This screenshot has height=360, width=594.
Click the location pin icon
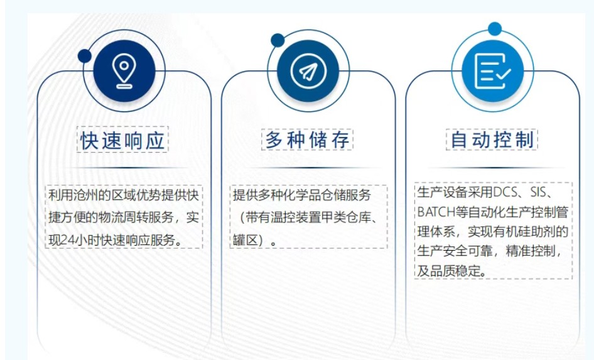[x=124, y=71]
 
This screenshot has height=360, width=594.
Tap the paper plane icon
[x=308, y=71]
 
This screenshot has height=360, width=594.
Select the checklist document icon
[x=492, y=71]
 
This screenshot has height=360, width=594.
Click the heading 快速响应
[x=122, y=141]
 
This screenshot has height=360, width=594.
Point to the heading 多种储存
[x=307, y=140]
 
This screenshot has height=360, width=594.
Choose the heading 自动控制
[x=492, y=140]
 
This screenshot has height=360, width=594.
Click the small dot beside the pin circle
[x=85, y=56]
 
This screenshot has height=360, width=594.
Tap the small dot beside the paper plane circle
[x=278, y=41]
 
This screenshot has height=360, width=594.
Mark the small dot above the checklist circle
[x=495, y=29]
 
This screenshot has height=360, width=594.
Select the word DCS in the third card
[x=505, y=192]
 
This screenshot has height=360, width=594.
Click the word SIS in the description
[x=538, y=192]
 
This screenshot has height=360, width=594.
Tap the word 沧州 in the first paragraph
[x=85, y=195]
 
